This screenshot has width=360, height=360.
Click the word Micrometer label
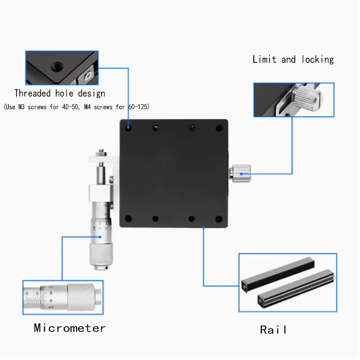(70, 328)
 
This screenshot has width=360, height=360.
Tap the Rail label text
(273, 330)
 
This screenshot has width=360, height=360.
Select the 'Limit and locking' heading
(293, 59)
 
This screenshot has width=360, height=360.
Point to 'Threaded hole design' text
(60, 94)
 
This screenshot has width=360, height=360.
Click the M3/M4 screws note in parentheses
(76, 107)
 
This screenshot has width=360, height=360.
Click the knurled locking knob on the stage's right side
(241, 174)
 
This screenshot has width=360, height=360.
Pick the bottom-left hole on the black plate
(129, 219)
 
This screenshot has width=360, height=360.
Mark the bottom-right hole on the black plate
(219, 219)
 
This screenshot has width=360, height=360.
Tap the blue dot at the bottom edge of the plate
(203, 228)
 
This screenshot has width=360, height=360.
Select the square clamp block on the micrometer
(99, 194)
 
